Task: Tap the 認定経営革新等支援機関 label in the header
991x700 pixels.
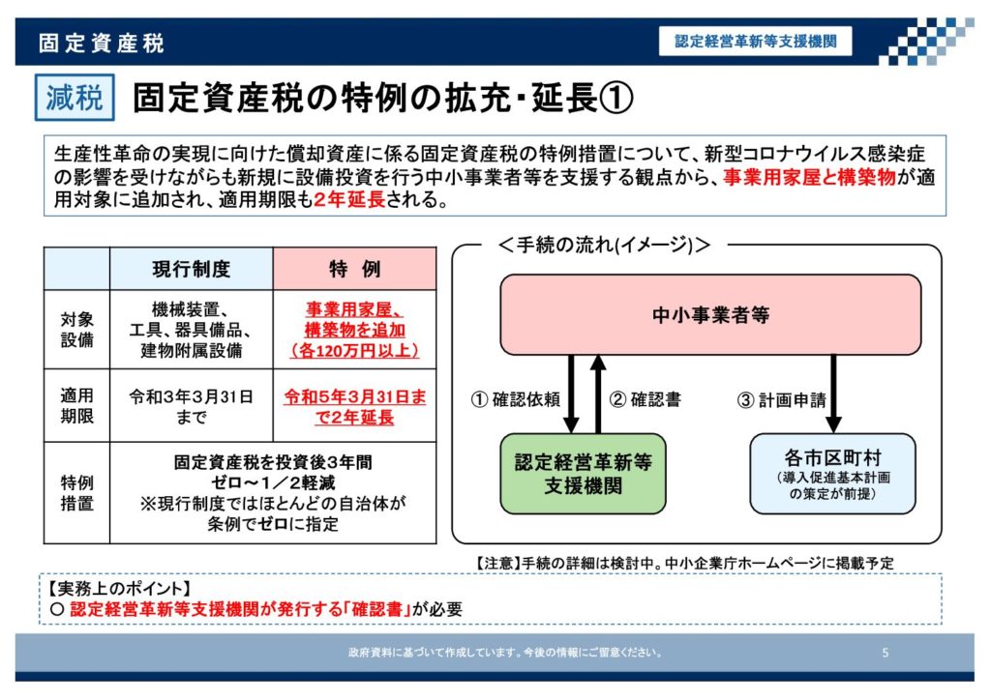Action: (756, 42)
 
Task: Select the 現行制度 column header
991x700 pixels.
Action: (192, 269)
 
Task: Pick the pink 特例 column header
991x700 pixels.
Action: (355, 269)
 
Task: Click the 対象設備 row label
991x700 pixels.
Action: (77, 329)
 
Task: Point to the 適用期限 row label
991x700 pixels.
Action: (77, 405)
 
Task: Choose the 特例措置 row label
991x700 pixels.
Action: (77, 492)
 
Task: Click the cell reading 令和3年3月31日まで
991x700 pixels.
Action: (192, 405)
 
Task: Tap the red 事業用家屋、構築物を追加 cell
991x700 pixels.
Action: (355, 329)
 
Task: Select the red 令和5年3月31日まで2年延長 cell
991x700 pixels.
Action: (355, 406)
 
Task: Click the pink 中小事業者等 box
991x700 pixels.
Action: (710, 314)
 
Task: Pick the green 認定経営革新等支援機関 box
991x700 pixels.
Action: (583, 473)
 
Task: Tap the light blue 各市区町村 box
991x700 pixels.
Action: (832, 473)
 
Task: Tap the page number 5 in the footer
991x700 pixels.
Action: (885, 653)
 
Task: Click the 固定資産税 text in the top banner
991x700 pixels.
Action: (101, 43)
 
